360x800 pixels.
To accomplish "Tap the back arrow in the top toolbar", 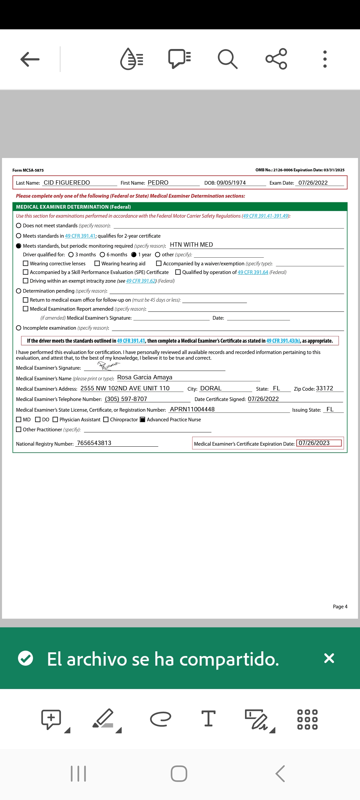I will [x=30, y=59].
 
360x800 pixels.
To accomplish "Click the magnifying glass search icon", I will [x=227, y=59].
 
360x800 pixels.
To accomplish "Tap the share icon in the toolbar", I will [x=276, y=59].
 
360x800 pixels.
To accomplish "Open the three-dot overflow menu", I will [x=325, y=59].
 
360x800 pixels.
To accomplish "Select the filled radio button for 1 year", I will [x=134, y=255].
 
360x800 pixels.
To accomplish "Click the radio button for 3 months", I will [x=71, y=255].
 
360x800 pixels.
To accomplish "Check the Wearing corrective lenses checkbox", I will [x=26, y=263].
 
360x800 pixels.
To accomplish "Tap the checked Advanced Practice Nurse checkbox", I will [x=142, y=420].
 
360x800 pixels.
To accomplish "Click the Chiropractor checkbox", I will [x=106, y=420].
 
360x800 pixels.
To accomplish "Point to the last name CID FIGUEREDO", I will [x=67, y=183].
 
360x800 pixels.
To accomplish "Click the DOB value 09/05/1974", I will [x=231, y=183].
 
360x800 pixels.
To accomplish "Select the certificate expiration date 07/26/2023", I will [x=314, y=443].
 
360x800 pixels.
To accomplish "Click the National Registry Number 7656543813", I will [x=94, y=443].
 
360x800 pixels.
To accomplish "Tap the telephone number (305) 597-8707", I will [x=126, y=399].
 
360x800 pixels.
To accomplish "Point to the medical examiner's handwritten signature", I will [x=109, y=366].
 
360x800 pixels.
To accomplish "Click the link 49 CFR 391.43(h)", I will [x=283, y=341].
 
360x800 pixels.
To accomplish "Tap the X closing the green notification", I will [x=329, y=658].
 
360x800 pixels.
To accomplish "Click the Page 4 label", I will [x=340, y=607].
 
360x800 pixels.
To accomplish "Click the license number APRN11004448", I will [x=192, y=409].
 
